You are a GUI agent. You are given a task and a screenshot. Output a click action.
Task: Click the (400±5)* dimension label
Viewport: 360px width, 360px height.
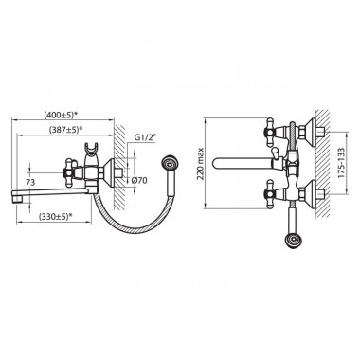coord(61,115)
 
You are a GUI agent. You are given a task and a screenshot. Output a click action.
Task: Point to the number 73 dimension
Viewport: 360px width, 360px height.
coord(29,182)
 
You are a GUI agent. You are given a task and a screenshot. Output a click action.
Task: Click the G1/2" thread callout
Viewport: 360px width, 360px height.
coord(146,138)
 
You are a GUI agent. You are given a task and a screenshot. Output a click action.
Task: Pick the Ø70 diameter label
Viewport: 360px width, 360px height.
coord(140,181)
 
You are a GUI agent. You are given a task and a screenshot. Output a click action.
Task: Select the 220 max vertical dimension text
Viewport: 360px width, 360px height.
coord(200,164)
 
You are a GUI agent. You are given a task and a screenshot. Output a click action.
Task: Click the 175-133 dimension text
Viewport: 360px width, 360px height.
coord(341,163)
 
